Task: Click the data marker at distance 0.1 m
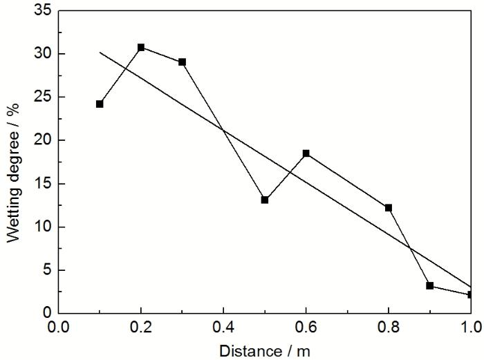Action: click(x=100, y=104)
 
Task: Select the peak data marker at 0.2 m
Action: click(x=141, y=48)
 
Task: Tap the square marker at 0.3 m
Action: click(x=182, y=62)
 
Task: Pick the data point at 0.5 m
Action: click(x=265, y=200)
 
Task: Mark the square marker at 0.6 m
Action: click(x=306, y=153)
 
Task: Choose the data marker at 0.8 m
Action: click(x=389, y=207)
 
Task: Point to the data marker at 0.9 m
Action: click(x=429, y=285)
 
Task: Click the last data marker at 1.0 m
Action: click(x=470, y=294)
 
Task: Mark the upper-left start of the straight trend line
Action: click(x=100, y=52)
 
